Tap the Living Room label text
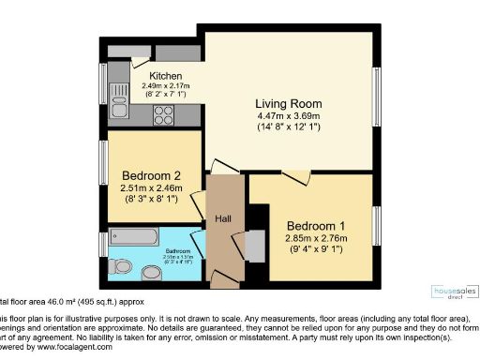click(289, 103)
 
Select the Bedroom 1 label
click(316, 226)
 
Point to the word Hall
click(223, 218)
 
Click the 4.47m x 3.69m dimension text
click(289, 116)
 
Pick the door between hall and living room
click(223, 166)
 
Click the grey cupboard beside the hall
click(254, 245)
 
